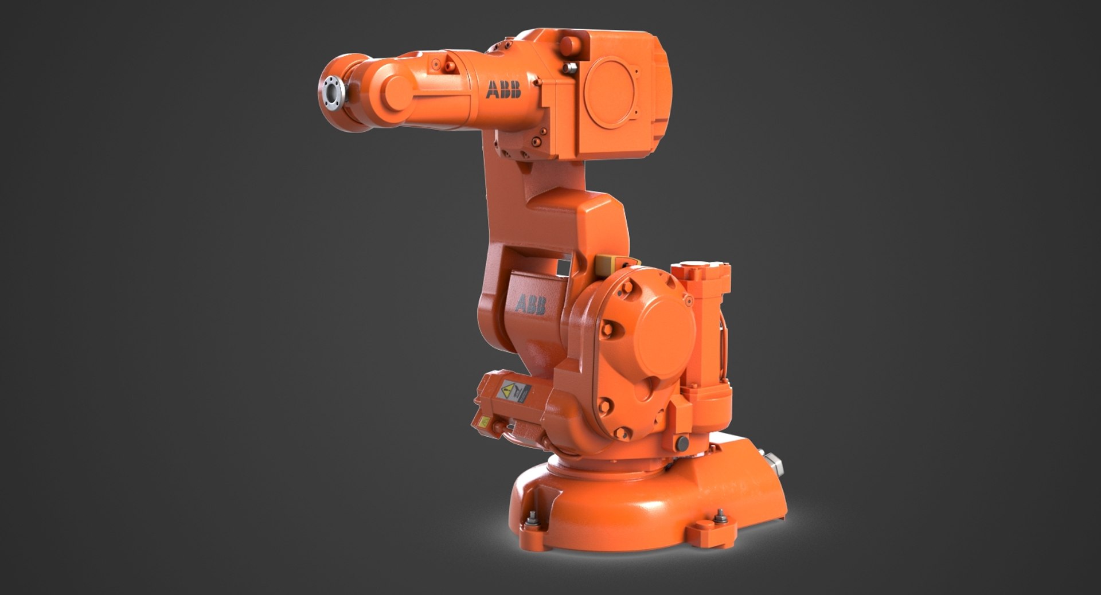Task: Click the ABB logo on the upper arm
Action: click(503, 90)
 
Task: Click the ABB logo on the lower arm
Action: click(530, 304)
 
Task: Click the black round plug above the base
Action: click(682, 443)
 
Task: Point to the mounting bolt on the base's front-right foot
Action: click(720, 516)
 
